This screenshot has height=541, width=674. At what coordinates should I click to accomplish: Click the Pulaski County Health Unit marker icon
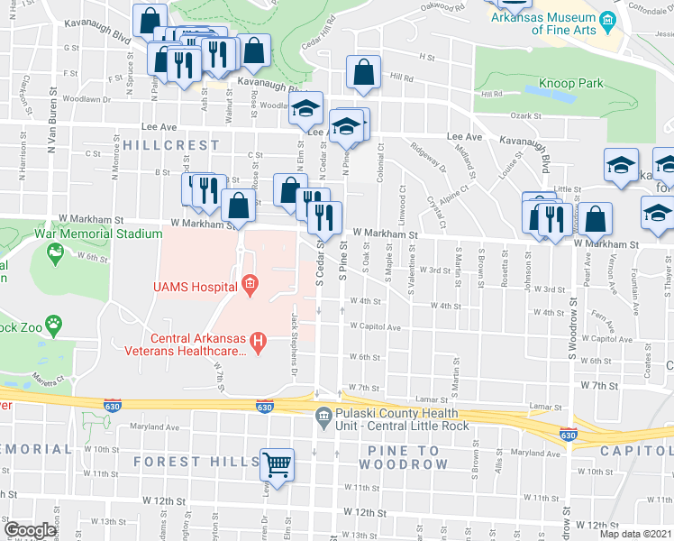(x=323, y=415)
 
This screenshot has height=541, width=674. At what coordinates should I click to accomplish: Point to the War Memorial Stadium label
(x=86, y=234)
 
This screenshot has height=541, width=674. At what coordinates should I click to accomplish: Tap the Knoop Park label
(x=570, y=83)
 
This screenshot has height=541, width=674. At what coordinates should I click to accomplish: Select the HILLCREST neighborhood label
(x=171, y=145)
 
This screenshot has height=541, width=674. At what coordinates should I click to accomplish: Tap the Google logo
(x=30, y=530)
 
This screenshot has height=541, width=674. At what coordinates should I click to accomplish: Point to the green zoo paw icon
(x=56, y=321)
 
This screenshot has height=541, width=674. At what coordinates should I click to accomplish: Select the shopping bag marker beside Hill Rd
(x=363, y=74)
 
